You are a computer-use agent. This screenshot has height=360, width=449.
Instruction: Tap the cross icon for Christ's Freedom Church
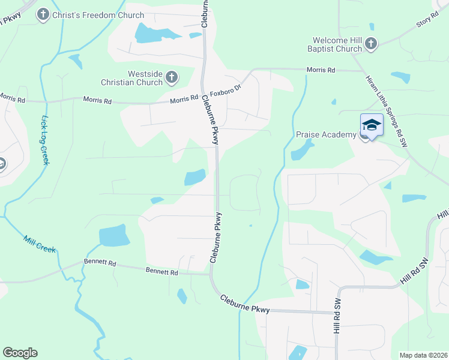43,14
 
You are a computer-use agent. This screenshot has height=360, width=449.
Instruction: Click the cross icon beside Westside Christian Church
172,77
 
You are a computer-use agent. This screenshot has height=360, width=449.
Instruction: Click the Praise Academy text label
326,134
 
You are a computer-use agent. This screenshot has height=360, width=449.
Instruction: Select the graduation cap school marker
372,125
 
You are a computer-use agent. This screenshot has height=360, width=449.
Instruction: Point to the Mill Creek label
39,244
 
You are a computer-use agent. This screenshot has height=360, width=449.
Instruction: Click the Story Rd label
424,23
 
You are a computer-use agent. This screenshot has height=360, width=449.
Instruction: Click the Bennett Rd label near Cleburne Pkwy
162,272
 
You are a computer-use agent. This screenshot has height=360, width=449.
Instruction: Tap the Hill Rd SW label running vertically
337,317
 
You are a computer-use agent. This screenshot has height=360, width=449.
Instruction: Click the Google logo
20,353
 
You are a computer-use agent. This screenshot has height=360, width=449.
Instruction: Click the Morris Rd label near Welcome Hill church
321,70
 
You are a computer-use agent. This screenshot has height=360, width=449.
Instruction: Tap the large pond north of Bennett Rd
113,236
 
